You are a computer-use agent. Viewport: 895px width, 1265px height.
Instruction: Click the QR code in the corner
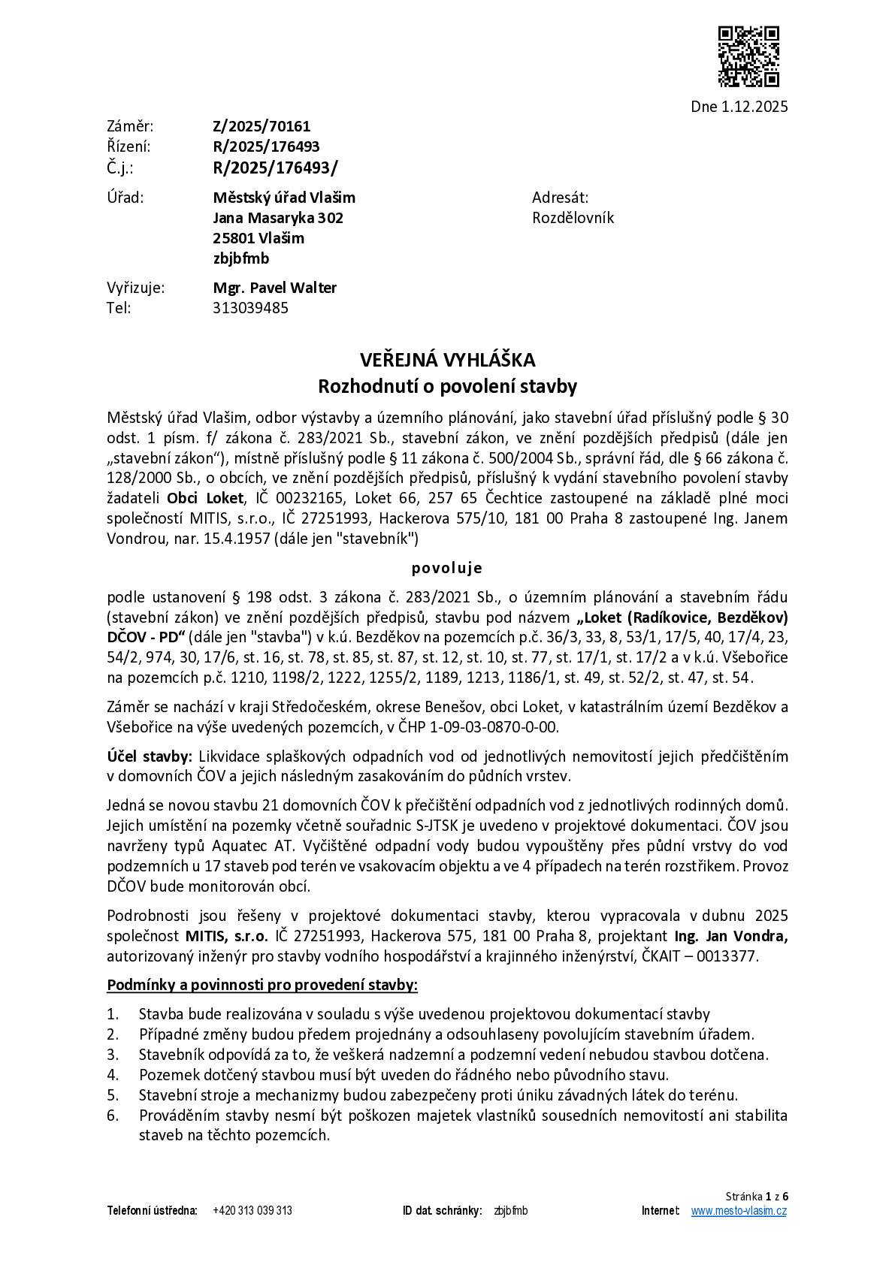[x=748, y=56]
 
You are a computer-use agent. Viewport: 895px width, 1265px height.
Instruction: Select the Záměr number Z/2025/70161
[x=262, y=126]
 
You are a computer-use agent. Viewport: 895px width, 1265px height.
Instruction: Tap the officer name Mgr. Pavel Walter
[x=274, y=288]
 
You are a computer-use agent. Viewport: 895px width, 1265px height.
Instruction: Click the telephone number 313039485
[x=250, y=308]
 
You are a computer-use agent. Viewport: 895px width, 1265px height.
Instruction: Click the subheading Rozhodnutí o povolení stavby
[x=447, y=387]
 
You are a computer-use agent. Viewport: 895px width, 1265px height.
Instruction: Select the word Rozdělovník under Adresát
[x=573, y=218]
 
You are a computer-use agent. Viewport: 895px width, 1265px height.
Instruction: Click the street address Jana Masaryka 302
[x=278, y=218]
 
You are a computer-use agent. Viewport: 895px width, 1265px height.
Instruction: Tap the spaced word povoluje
[x=447, y=568]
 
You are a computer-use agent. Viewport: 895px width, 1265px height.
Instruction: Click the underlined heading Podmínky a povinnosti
[x=262, y=985]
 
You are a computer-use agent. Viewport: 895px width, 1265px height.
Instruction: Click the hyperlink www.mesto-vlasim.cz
[x=739, y=1211]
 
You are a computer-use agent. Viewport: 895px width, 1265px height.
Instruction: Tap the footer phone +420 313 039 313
[x=252, y=1211]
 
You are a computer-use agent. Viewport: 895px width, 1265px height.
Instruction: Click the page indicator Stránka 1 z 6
[x=757, y=1196]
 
